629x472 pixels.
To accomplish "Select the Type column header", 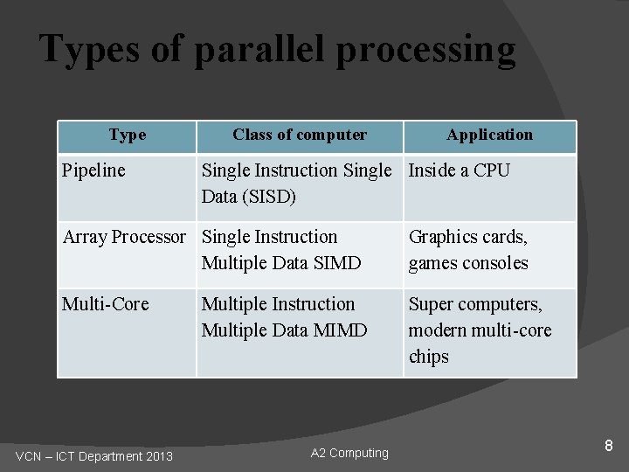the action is [128, 135].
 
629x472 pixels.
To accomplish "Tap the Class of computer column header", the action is [300, 135].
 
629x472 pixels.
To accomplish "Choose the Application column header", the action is [489, 135].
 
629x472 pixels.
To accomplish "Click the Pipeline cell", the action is [93, 170].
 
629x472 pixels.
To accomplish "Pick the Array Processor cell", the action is [124, 237].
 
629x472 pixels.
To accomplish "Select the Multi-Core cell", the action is [105, 304].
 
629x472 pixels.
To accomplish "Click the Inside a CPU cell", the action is [459, 170].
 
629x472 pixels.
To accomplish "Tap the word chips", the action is [428, 357].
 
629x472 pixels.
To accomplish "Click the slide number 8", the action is [609, 447].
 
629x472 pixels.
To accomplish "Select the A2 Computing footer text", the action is [349, 453].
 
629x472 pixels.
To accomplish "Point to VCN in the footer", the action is [31, 456].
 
